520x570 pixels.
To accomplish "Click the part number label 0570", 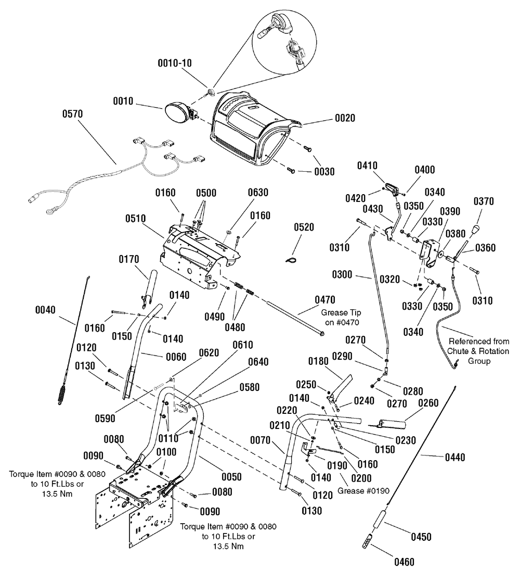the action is point(73,114).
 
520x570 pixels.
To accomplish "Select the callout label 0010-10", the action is point(174,63).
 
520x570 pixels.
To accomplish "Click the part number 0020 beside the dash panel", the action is point(345,118).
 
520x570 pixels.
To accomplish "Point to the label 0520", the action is point(304,227).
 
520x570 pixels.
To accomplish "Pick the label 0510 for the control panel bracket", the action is point(135,219).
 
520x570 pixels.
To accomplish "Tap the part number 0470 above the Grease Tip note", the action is point(325,300).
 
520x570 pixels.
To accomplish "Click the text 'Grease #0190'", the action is point(363,491).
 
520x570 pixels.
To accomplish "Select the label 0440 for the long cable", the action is point(455,458).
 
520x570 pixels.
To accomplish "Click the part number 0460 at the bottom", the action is point(404,562).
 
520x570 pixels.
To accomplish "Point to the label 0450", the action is point(421,537).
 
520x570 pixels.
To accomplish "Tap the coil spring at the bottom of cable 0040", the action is point(63,394).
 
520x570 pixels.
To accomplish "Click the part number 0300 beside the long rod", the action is point(342,274).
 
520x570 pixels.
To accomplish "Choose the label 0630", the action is point(258,192).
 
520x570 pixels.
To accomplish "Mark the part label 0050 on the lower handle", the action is point(231,477).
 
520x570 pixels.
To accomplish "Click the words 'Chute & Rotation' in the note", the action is point(478,351).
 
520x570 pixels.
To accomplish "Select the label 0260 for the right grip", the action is point(428,403).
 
